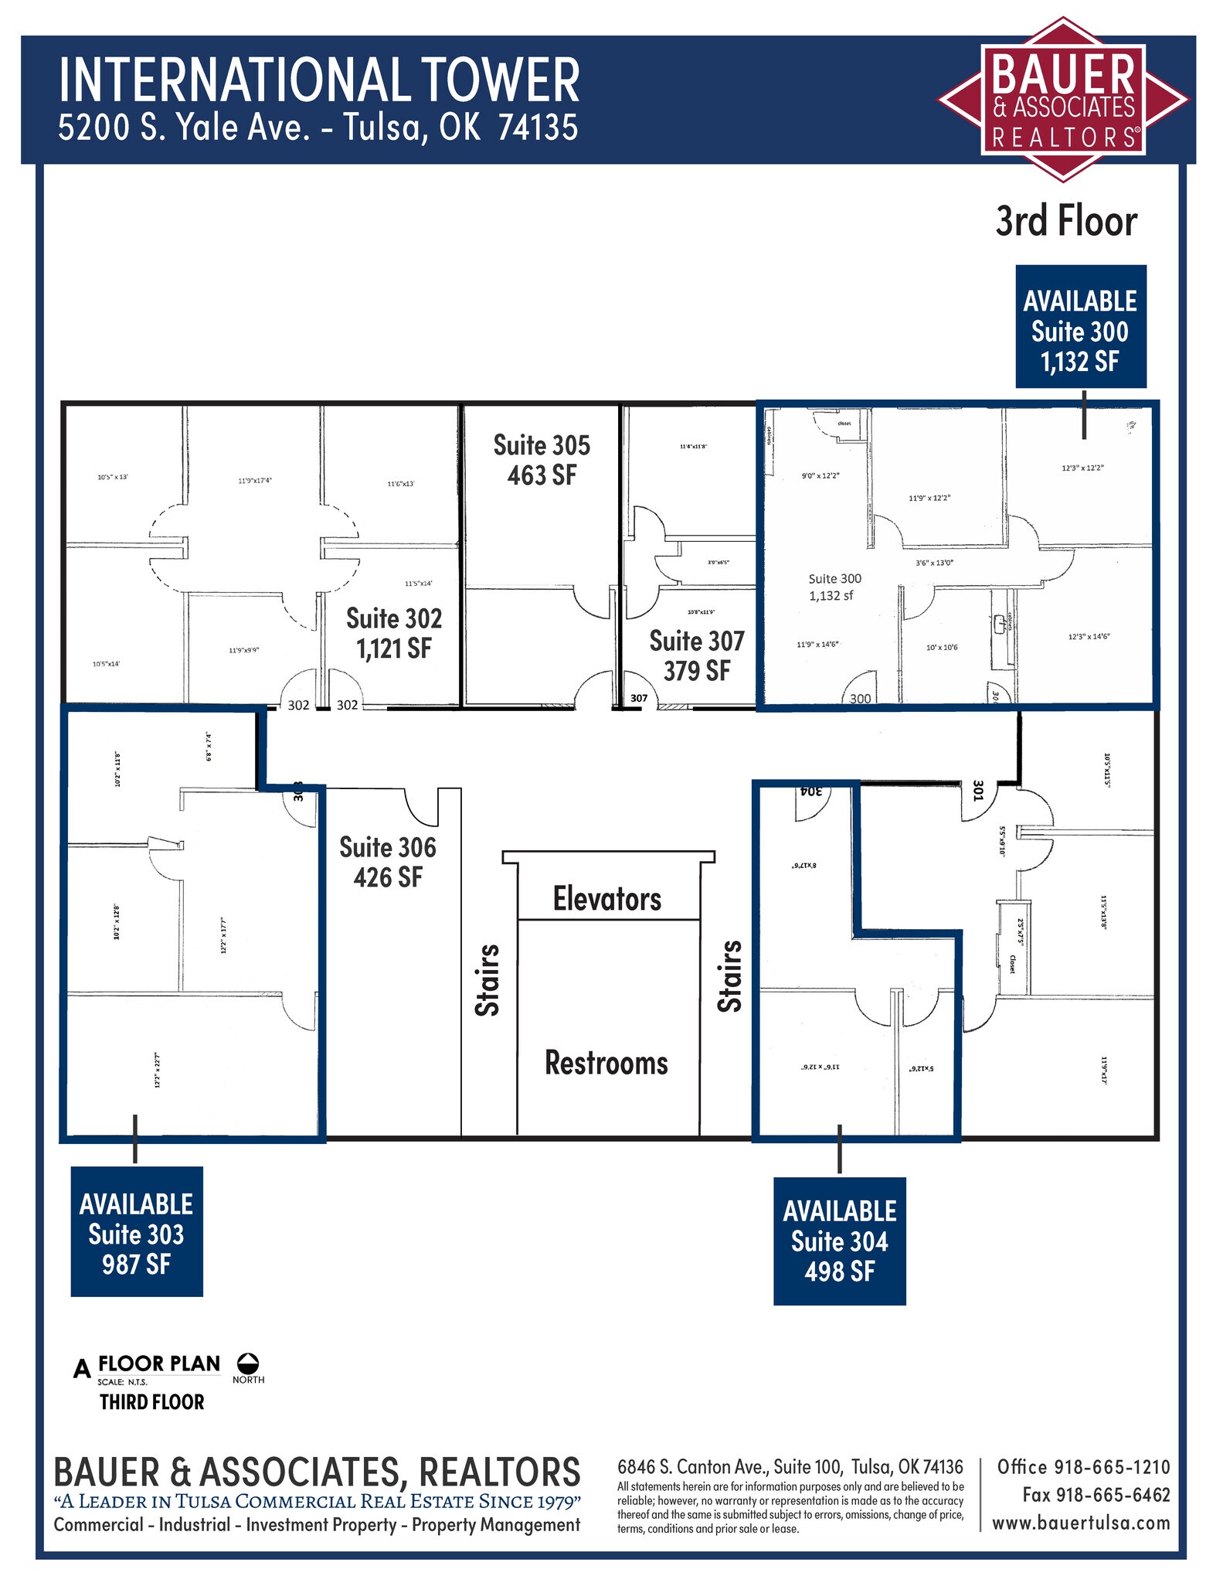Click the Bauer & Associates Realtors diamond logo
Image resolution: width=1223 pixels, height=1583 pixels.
point(1062,100)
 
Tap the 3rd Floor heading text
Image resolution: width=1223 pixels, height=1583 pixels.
point(1066,222)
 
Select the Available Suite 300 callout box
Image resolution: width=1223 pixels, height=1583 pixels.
point(1080,327)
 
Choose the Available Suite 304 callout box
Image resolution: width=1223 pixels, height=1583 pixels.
point(839,1241)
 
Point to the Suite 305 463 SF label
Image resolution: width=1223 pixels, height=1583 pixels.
point(542,460)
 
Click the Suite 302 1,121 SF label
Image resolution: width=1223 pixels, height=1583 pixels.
point(394,633)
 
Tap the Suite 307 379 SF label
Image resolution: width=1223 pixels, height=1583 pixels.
point(697,655)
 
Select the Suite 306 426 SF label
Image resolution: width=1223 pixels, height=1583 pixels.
point(388,862)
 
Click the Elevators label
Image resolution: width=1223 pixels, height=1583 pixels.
point(607,899)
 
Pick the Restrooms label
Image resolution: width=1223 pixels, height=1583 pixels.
point(606,1063)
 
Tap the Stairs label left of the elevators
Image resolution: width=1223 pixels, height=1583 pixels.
point(488,979)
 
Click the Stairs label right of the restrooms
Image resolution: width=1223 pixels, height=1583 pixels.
point(730,975)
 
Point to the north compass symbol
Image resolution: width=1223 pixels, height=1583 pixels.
point(248,1363)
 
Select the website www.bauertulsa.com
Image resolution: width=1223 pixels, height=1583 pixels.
point(1081,1522)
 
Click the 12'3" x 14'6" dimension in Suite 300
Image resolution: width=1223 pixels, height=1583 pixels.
point(1089,636)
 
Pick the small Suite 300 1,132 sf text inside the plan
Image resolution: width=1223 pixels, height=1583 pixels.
point(834,587)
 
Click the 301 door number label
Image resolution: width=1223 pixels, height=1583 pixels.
point(977,791)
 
